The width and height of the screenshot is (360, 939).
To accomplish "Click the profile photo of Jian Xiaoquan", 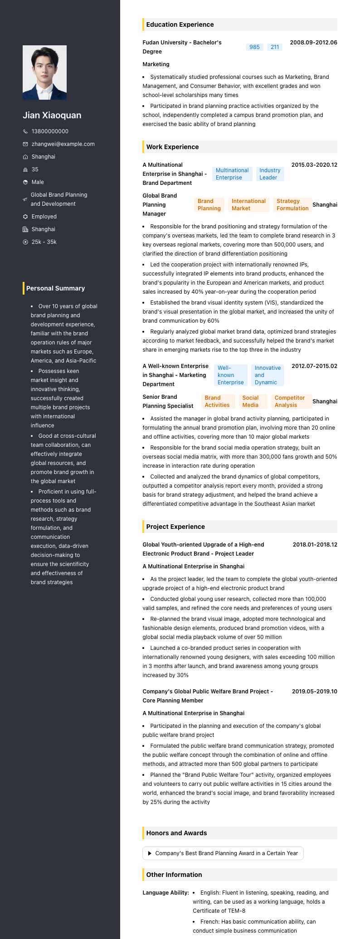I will click(x=44, y=73).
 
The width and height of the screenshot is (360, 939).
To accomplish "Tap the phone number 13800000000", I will click(x=50, y=131).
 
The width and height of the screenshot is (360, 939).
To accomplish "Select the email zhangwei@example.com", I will click(x=63, y=144).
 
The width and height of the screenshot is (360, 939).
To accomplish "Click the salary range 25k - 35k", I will click(x=44, y=242).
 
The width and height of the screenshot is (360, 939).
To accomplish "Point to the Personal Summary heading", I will click(x=55, y=288).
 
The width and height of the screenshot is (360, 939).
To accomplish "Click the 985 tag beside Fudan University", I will click(x=254, y=47).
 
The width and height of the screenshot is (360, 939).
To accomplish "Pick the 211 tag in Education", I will click(x=275, y=47).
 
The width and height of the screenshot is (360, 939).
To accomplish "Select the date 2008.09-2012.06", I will click(x=313, y=43).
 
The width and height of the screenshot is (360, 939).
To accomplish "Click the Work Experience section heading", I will click(x=172, y=147).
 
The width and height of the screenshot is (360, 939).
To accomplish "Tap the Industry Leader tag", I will click(x=270, y=174).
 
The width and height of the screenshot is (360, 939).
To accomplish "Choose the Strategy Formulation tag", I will click(x=292, y=205).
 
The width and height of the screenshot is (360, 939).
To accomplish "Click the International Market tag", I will click(x=248, y=205).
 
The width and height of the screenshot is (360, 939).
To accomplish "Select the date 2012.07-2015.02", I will click(x=314, y=366).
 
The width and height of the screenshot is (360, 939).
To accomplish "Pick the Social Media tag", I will click(x=250, y=402).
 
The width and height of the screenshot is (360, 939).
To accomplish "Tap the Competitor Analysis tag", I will click(x=290, y=402).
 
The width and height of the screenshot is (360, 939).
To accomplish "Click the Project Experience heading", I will click(x=175, y=527).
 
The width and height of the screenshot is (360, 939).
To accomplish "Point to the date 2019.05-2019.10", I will click(x=314, y=692).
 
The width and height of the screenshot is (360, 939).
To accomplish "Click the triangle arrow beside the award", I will click(x=150, y=853).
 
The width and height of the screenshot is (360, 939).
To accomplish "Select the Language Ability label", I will click(x=165, y=893).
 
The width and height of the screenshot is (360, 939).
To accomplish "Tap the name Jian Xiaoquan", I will click(x=52, y=115).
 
